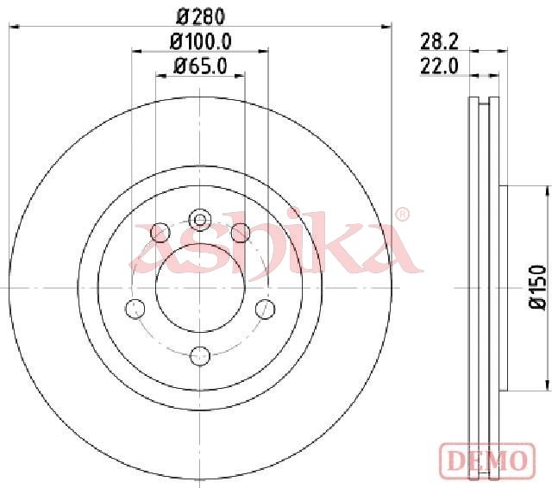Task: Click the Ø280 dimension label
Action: pos(200,16)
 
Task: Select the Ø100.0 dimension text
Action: pos(201,42)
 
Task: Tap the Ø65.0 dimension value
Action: pos(201,66)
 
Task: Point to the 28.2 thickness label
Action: pos(439,42)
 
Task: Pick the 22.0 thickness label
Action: pos(439,66)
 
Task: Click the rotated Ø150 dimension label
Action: pos(537,287)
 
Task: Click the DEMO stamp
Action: pos(487,459)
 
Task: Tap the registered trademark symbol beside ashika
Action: pos(402,215)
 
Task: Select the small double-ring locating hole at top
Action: pos(200,220)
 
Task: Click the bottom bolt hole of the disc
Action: pos(200,356)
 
